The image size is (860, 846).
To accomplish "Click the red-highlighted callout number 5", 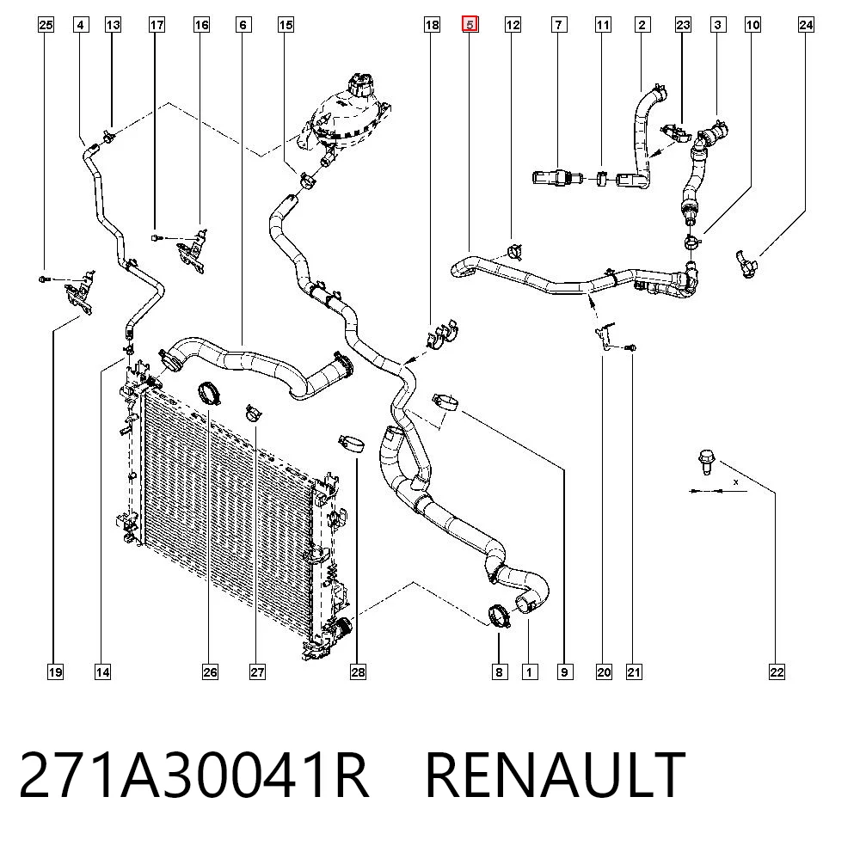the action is click(470, 24).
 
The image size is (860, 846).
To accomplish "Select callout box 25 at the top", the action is click(46, 25).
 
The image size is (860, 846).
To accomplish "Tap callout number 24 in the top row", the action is click(806, 25).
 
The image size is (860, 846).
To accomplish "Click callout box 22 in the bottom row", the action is click(777, 672).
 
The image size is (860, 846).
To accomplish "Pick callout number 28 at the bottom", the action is click(358, 672).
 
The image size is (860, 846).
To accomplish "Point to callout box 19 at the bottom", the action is click(55, 672).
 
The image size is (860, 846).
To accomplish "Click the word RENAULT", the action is click(555, 775).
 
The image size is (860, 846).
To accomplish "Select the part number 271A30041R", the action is click(194, 775).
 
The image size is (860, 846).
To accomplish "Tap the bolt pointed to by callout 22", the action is click(706, 461).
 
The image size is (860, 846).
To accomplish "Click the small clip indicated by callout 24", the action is click(746, 264).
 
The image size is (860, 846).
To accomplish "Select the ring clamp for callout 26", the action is click(209, 393).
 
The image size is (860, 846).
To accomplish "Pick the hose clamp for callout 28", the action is click(351, 443).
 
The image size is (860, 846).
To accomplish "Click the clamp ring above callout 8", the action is click(499, 615).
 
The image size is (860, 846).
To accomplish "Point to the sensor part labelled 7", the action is click(556, 178).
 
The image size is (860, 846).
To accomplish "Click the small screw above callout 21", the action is click(630, 347).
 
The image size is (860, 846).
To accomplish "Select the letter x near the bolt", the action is click(735, 482).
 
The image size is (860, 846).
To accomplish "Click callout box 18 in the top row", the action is click(433, 25).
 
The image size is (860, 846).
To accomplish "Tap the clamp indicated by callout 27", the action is click(253, 413).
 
